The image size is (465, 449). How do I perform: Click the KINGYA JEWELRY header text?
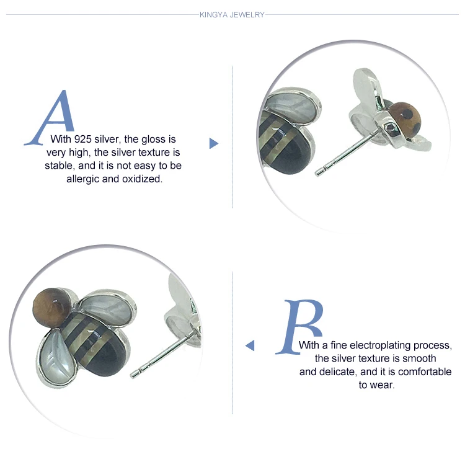tap(232, 15)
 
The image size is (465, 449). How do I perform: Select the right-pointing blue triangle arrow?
tap(213, 143)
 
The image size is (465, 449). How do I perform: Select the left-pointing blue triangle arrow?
tap(250, 345)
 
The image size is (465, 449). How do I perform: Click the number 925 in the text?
tap(82, 139)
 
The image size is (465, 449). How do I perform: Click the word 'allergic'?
tap(82, 179)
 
